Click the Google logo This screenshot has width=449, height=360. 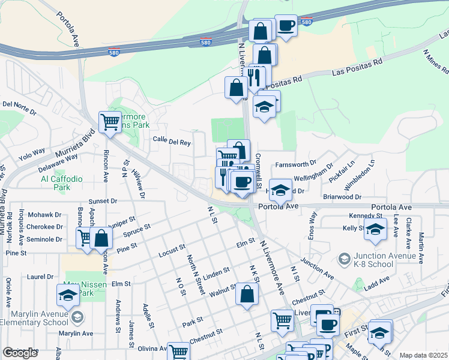click(20, 353)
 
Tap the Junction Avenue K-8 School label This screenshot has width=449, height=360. click(385, 257)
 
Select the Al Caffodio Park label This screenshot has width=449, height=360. click(59, 183)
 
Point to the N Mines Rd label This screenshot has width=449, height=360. click(437, 64)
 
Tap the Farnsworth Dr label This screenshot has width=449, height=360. click(295, 164)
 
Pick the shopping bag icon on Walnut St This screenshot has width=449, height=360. click(247, 294)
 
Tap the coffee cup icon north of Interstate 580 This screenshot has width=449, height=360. click(286, 26)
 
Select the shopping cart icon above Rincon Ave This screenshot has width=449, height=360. click(110, 122)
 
